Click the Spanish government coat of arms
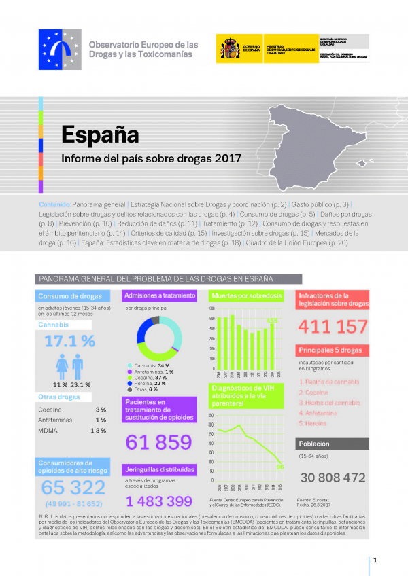point(228,49)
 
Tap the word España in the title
point(99,134)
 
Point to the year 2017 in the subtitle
point(228,160)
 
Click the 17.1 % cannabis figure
point(69,341)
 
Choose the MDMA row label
point(50,431)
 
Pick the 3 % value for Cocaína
point(101,410)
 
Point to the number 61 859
point(158,442)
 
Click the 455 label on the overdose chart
point(271,320)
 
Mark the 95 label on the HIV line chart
point(279,467)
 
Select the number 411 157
point(333,327)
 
